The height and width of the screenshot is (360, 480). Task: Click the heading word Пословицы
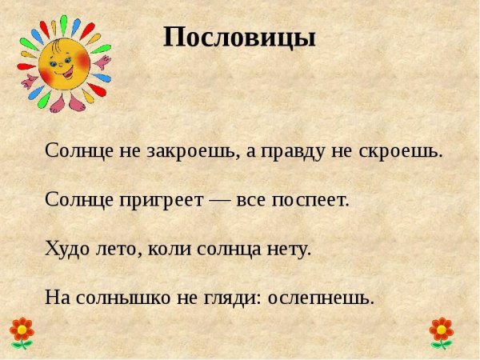(x=240, y=37)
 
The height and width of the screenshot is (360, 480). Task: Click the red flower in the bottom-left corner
(x=22, y=331)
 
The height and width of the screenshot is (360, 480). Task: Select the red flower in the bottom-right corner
(x=441, y=331)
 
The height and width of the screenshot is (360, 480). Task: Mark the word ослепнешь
(x=321, y=298)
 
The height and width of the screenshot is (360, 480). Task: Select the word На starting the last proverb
(x=58, y=298)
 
